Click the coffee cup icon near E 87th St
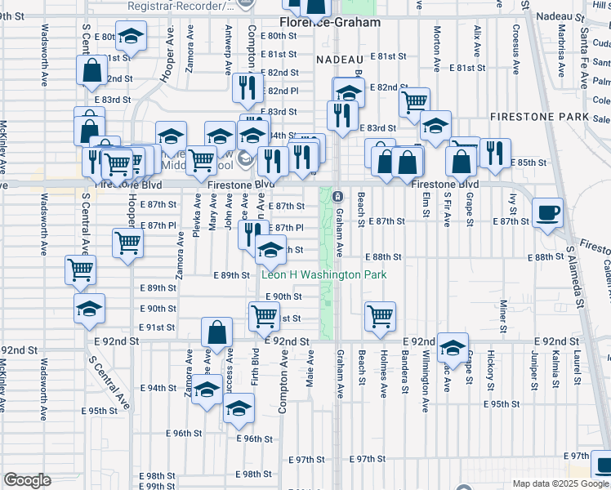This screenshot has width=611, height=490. [x=547, y=212]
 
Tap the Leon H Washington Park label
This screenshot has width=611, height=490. [x=324, y=275]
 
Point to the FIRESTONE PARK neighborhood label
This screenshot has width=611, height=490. [x=539, y=118]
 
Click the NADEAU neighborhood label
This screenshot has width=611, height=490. [x=338, y=60]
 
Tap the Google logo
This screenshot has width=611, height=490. [x=27, y=480]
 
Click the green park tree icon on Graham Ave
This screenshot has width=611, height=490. [x=337, y=196]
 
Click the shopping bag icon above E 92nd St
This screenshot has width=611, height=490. [x=216, y=332]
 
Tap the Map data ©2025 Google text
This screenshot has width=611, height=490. [x=560, y=483]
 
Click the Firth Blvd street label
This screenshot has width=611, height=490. [x=256, y=367]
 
